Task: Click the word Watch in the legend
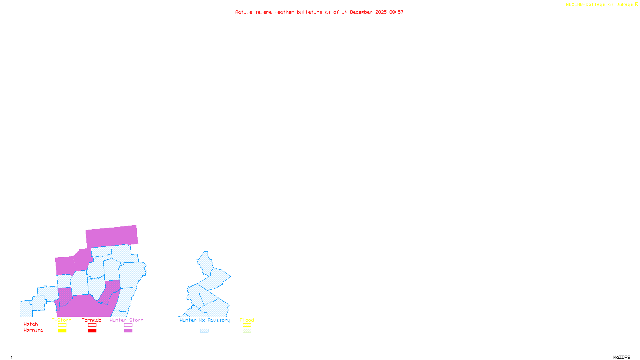[x=31, y=324]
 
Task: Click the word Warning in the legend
[x=34, y=330]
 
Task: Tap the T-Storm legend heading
[x=62, y=320]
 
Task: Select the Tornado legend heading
[x=92, y=320]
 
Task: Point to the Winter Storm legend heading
[x=126, y=320]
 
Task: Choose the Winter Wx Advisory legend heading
[x=205, y=320]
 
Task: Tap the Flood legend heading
[x=247, y=320]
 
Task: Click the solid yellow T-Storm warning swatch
[x=62, y=331]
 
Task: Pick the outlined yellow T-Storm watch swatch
[x=62, y=325]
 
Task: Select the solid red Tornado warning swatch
[x=92, y=331]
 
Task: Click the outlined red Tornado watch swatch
[x=92, y=325]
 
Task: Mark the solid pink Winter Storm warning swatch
[x=128, y=331]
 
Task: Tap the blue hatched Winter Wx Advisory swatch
[x=204, y=331]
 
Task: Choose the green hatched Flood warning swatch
[x=247, y=331]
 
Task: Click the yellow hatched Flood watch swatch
[x=247, y=325]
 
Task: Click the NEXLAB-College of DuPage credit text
[x=600, y=5]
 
